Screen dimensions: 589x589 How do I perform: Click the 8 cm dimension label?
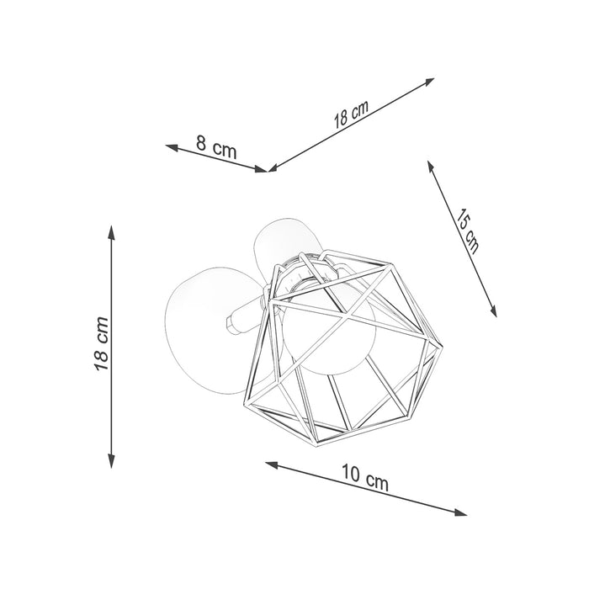coord(216,147)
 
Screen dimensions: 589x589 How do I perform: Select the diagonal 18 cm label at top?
coord(351,114)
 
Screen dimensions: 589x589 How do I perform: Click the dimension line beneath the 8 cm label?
coord(219,159)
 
